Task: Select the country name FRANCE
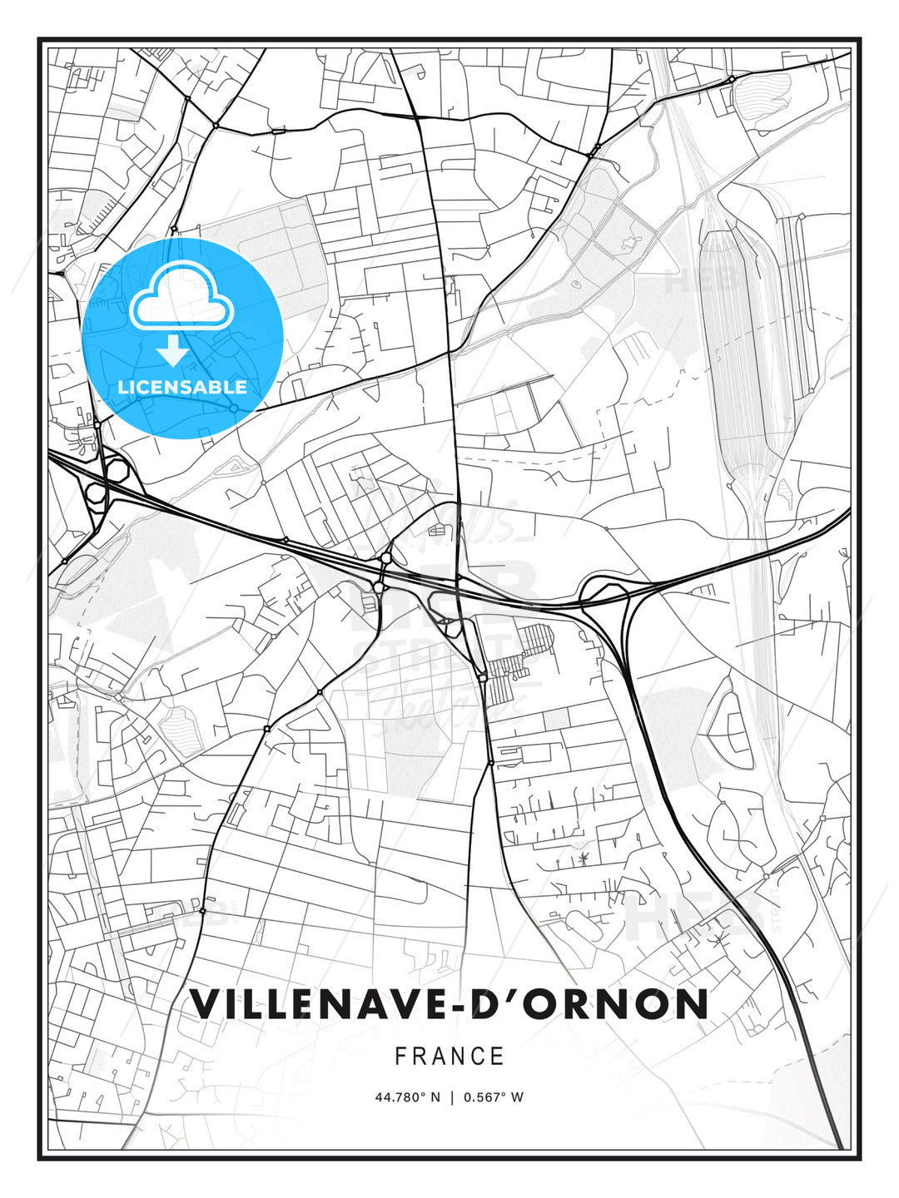[449, 1057]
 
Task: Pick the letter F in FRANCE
[400, 1057]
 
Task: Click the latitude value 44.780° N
[407, 1097]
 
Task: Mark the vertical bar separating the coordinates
[450, 1097]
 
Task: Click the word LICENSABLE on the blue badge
[182, 387]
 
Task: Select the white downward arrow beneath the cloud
[173, 350]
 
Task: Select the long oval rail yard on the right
[741, 349]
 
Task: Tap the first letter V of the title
[205, 1004]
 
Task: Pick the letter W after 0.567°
[517, 1097]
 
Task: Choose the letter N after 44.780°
[435, 1097]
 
